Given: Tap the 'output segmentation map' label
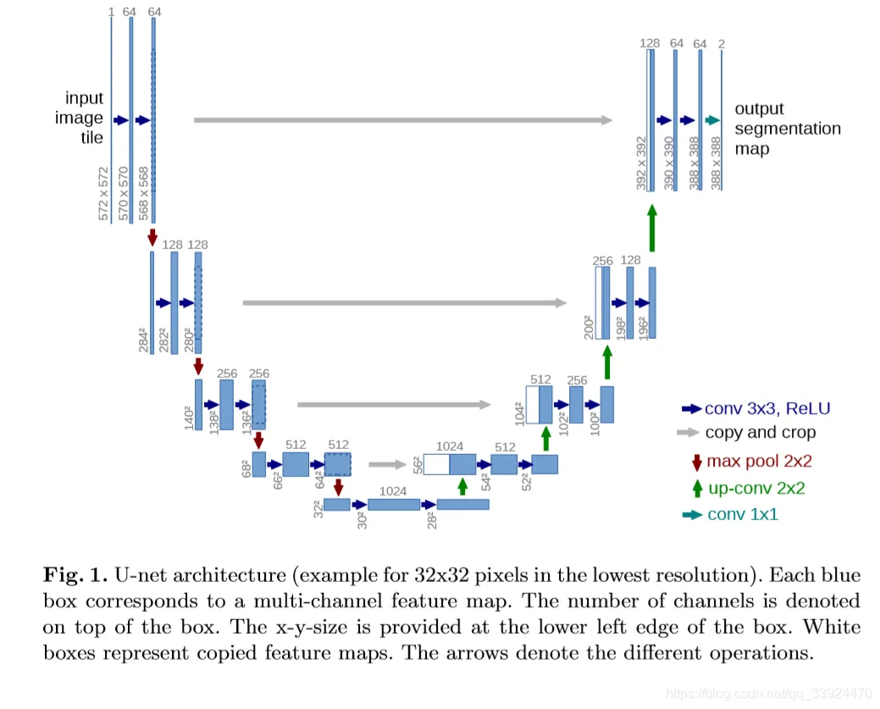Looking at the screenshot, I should point(787,129).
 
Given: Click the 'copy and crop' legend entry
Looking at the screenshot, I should point(761,433).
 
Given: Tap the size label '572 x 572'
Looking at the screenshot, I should point(103,195).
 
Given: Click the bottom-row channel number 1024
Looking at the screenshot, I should point(394,490).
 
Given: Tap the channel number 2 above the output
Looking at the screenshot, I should point(722,43).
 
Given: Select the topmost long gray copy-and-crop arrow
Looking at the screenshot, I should point(402,120).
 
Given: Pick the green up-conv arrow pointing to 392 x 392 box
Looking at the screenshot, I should point(651,229).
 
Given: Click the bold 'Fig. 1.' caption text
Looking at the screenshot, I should point(72,575).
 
